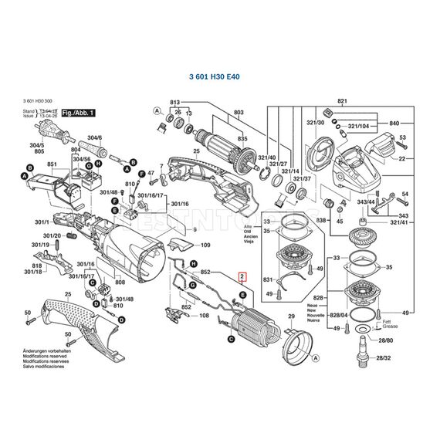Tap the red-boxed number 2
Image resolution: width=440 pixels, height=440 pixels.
coord(242,276)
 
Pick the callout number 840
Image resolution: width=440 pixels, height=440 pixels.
coord(394,124)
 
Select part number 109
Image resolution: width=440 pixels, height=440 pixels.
coord(205,245)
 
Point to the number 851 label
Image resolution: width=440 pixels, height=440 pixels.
coord(52,165)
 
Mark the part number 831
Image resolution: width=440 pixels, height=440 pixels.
coord(267,279)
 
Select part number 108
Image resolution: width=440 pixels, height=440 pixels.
coord(205,315)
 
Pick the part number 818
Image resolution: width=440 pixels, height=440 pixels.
coord(37,266)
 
